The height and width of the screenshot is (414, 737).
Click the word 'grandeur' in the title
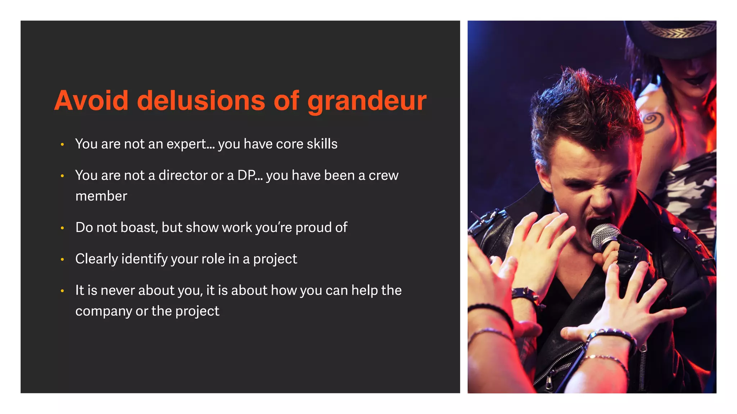pos(367,101)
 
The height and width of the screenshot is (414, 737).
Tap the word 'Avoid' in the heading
pos(91,100)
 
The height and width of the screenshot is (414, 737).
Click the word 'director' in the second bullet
pos(183,175)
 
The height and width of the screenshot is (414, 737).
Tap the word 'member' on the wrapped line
pos(101,196)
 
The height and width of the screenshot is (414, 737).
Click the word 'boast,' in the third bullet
pos(139,227)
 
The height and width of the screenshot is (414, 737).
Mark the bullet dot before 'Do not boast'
pos(62,228)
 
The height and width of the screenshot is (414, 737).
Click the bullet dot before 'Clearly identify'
pos(62,259)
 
